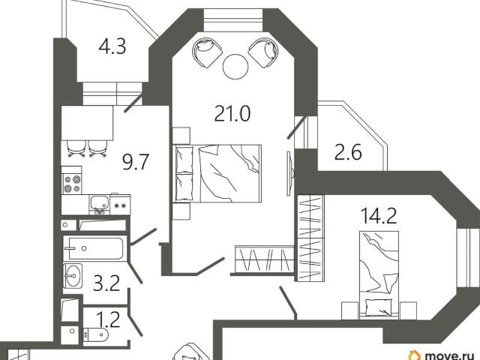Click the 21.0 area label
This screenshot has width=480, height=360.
click(x=232, y=113)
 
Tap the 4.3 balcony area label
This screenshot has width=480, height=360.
click(x=112, y=47)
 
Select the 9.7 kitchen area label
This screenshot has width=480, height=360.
click(x=136, y=162)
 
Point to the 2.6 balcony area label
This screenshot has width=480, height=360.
click(x=348, y=153)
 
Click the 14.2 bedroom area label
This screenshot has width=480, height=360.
click(x=379, y=215)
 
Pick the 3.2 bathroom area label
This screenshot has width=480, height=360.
click(x=106, y=283)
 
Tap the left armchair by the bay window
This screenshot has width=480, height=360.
click(x=207, y=52)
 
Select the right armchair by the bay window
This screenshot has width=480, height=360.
click(x=263, y=52)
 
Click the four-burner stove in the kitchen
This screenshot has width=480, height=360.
click(x=72, y=184)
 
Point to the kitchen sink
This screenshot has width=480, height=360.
click(x=99, y=203)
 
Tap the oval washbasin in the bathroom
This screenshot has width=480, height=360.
click(x=73, y=275)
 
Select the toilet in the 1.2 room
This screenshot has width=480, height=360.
click(x=95, y=335)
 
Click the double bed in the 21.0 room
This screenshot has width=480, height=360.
click(x=217, y=173)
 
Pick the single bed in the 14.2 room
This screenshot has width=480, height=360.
click(x=379, y=274)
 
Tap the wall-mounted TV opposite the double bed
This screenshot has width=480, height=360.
click(x=290, y=173)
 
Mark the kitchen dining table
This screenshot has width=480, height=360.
click(x=87, y=123)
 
